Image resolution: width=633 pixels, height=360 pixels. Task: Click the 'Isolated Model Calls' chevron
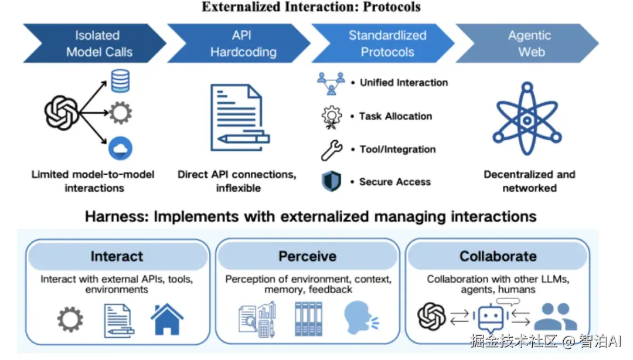97,43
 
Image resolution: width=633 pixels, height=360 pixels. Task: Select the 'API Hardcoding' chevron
241,43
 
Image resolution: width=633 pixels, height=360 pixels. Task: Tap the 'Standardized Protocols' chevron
386,43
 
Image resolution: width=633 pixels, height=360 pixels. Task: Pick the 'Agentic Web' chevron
529,43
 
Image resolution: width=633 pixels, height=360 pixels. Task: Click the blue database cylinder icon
120,81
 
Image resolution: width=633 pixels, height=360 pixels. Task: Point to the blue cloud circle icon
120,148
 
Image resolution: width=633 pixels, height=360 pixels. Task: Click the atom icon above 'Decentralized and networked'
527,118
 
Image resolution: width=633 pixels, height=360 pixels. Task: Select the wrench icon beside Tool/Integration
331,150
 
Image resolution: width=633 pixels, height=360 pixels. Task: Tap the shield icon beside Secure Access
331,181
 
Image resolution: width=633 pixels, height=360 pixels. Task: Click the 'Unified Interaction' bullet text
404,83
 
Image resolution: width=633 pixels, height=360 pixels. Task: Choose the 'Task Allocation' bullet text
396,116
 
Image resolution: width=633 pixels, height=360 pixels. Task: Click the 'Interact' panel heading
117,256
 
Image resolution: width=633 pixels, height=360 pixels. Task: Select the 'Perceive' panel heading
308,256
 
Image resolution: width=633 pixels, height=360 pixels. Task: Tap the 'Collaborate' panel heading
498,256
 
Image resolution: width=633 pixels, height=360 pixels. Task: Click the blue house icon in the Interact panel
166,319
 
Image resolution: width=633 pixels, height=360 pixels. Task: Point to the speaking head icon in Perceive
360,318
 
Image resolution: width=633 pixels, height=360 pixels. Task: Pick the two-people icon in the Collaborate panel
556,317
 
